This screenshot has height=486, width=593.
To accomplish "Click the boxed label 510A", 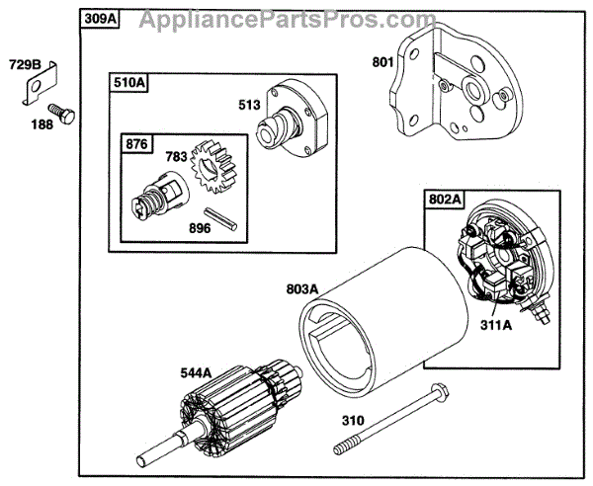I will point(128,84).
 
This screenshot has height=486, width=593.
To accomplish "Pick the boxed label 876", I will point(136,143).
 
